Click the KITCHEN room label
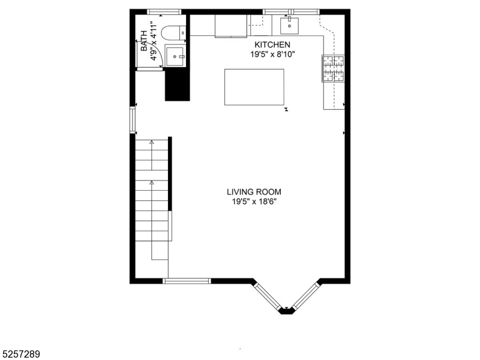(272, 45)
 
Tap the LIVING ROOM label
(253, 192)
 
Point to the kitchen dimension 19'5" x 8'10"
(272, 55)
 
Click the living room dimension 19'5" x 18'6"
(253, 202)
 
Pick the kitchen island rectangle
(254, 87)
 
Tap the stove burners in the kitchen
(334, 68)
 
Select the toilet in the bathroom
(175, 32)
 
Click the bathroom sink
(176, 56)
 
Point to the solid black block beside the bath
(177, 85)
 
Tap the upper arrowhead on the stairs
(151, 142)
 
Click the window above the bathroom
(164, 11)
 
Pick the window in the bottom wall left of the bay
(187, 280)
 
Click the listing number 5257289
(21, 355)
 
